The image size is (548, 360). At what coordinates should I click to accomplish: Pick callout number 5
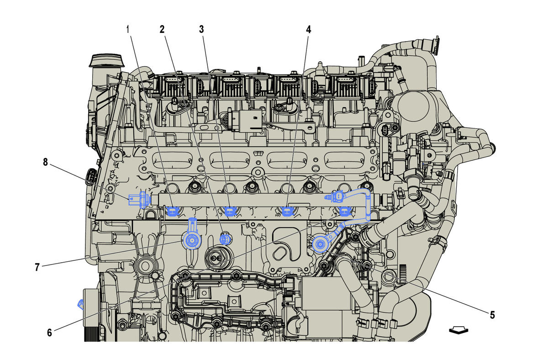pyautogui.click(x=492, y=315)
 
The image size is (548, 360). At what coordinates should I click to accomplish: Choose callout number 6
pyautogui.click(x=49, y=333)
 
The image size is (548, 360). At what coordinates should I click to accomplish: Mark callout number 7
pyautogui.click(x=37, y=268)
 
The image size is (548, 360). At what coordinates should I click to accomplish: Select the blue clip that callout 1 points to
pyautogui.click(x=173, y=211)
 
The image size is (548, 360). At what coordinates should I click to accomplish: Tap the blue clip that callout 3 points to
pyautogui.click(x=230, y=211)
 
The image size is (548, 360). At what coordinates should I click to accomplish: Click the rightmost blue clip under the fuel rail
pyautogui.click(x=344, y=211)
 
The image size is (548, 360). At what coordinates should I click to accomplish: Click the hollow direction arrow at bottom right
pyautogui.click(x=458, y=330)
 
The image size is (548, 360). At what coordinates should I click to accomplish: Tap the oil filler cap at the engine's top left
pyautogui.click(x=108, y=62)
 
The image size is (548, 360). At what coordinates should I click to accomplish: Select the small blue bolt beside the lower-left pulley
pyautogui.click(x=81, y=303)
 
